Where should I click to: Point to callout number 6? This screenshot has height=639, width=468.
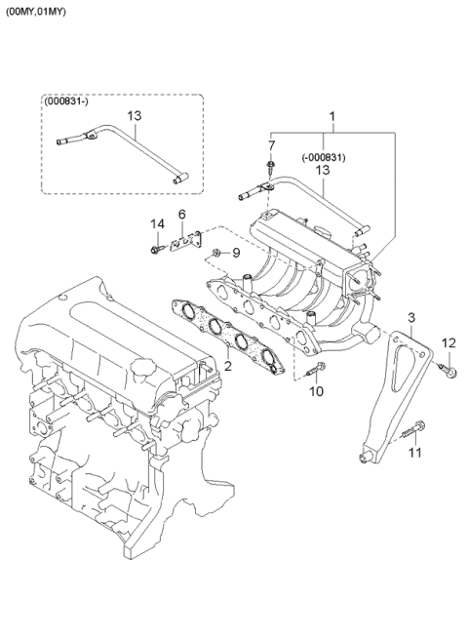point(181,215)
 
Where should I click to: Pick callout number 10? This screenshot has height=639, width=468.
point(315,391)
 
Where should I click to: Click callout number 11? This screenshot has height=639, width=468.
point(414,454)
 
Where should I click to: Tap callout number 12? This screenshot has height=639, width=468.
point(448,341)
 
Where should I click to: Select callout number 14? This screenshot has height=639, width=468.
point(154,225)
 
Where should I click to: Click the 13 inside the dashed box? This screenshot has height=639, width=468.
point(135,116)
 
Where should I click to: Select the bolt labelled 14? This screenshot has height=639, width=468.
point(155,250)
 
